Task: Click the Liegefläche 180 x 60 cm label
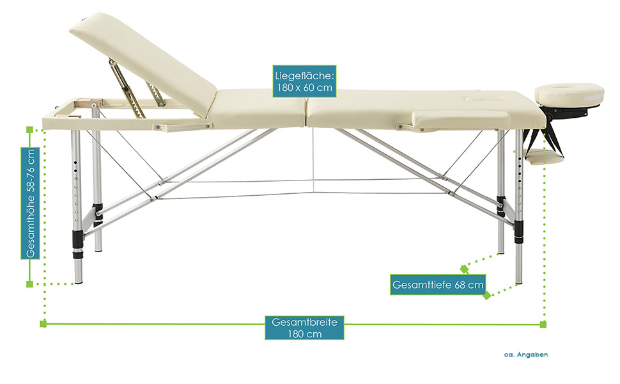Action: [303, 81]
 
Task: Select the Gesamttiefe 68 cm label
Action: [437, 284]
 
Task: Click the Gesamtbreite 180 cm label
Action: [304, 328]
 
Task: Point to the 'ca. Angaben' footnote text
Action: [525, 354]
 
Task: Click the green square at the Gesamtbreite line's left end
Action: [43, 324]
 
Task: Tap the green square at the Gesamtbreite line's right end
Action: [543, 324]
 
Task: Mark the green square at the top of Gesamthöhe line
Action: [29, 130]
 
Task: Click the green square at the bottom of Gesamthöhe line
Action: [29, 284]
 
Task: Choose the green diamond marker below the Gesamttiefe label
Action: [487, 296]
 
